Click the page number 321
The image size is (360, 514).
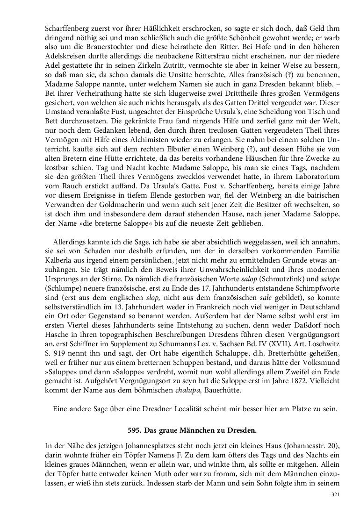coord(335,494)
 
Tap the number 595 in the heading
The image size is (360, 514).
coord(135,428)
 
